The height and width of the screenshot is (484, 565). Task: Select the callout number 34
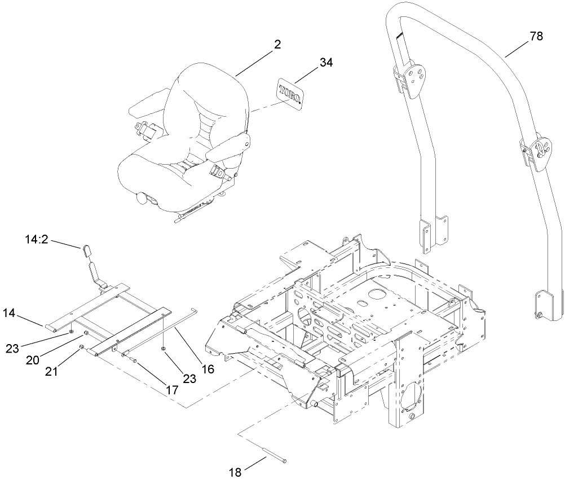(326, 63)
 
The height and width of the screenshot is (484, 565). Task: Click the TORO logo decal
(290, 93)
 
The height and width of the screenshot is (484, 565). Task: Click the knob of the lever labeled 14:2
(88, 250)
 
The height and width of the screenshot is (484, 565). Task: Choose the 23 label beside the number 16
(189, 379)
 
